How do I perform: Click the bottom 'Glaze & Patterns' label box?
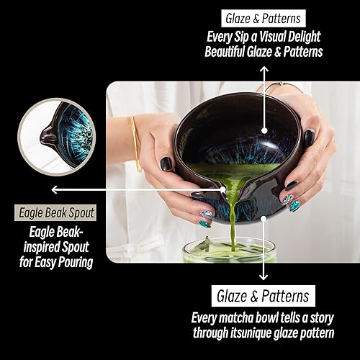(x=264, y=296)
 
